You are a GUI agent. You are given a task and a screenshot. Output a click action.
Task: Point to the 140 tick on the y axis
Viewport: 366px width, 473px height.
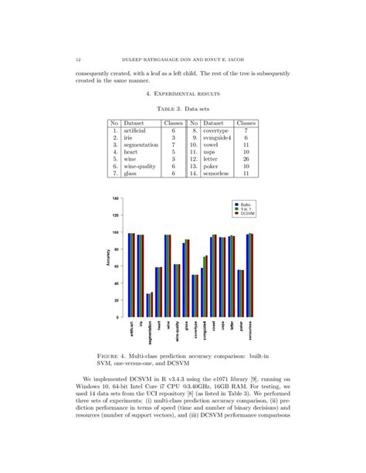point(115,199)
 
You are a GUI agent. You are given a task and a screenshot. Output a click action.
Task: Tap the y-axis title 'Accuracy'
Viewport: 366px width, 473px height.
point(108,258)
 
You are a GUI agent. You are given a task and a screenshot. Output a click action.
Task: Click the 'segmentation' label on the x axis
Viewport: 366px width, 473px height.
point(150,333)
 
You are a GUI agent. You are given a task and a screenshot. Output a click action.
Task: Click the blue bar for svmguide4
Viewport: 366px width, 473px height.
point(202,293)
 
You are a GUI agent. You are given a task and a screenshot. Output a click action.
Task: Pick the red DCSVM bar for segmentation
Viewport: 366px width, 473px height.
point(152,305)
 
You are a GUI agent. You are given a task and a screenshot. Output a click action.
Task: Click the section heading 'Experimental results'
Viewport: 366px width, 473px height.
point(183,93)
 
